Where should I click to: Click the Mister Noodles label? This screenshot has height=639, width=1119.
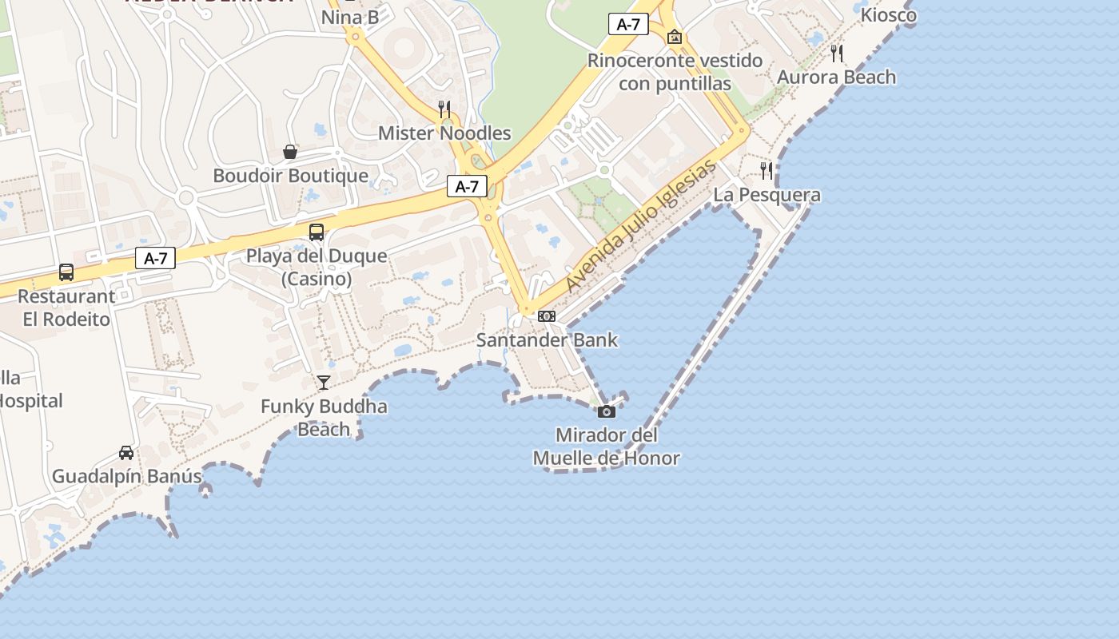pyautogui.click(x=444, y=133)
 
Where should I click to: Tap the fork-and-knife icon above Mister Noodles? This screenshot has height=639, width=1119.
pyautogui.click(x=444, y=109)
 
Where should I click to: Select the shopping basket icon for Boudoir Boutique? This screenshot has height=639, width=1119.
pyautogui.click(x=290, y=152)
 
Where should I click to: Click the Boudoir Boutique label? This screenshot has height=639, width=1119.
pyautogui.click(x=290, y=176)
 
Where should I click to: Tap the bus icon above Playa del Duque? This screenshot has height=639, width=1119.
pyautogui.click(x=317, y=232)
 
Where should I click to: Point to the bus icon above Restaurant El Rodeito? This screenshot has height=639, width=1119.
pyautogui.click(x=66, y=272)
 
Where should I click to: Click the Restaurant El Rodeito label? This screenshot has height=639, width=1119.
pyautogui.click(x=66, y=308)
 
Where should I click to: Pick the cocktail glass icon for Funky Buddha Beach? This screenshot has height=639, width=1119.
pyautogui.click(x=324, y=383)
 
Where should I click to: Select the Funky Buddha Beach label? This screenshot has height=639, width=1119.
pyautogui.click(x=324, y=418)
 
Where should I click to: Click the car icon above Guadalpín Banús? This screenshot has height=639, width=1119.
pyautogui.click(x=126, y=453)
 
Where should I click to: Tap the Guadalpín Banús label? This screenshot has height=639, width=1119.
pyautogui.click(x=127, y=477)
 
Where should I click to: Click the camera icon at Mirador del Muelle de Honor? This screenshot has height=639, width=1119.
pyautogui.click(x=607, y=411)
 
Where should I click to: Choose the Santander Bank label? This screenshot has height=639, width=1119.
pyautogui.click(x=547, y=340)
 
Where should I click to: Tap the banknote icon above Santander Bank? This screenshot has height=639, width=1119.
pyautogui.click(x=547, y=316)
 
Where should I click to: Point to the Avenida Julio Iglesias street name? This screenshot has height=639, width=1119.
pyautogui.click(x=640, y=226)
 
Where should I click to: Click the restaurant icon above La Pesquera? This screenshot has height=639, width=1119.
pyautogui.click(x=767, y=170)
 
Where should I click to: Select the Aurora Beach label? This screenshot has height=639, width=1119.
pyautogui.click(x=837, y=77)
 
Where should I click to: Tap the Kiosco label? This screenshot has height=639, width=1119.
pyautogui.click(x=889, y=14)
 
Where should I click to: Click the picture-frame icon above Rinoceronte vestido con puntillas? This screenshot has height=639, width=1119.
pyautogui.click(x=675, y=37)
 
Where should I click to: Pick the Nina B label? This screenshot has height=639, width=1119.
pyautogui.click(x=349, y=17)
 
